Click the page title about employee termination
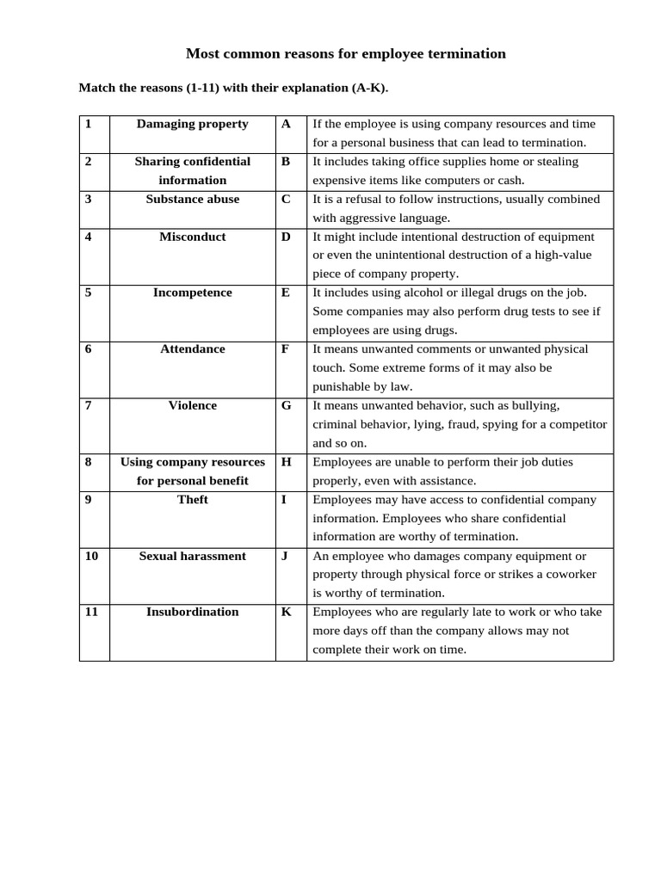(346, 53)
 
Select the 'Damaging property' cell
(192, 124)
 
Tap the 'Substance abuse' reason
(192, 199)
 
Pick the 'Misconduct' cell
(192, 237)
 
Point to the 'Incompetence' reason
(192, 293)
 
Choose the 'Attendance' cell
(192, 349)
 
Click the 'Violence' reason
(192, 405)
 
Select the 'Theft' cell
(192, 500)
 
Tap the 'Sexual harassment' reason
(192, 556)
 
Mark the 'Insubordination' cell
(192, 612)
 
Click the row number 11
(91, 612)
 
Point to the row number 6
(88, 349)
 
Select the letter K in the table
(286, 612)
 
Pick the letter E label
(286, 293)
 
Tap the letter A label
(286, 124)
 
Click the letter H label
(286, 462)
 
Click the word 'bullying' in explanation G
(534, 406)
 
